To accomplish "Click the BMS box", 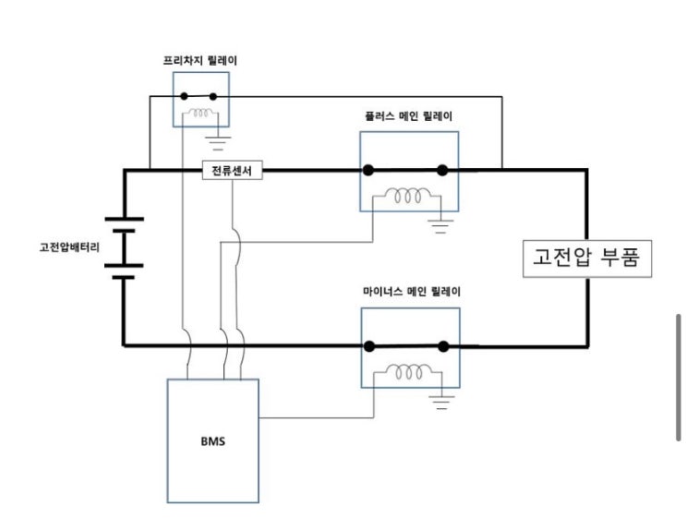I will click(x=212, y=440).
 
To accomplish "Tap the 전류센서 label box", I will click(x=233, y=171).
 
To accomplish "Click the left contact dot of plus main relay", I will click(x=367, y=170).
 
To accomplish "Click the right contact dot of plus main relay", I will click(x=442, y=170).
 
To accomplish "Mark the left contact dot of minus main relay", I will click(x=368, y=346).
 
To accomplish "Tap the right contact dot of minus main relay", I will click(x=443, y=346).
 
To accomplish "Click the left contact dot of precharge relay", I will click(x=184, y=96).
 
